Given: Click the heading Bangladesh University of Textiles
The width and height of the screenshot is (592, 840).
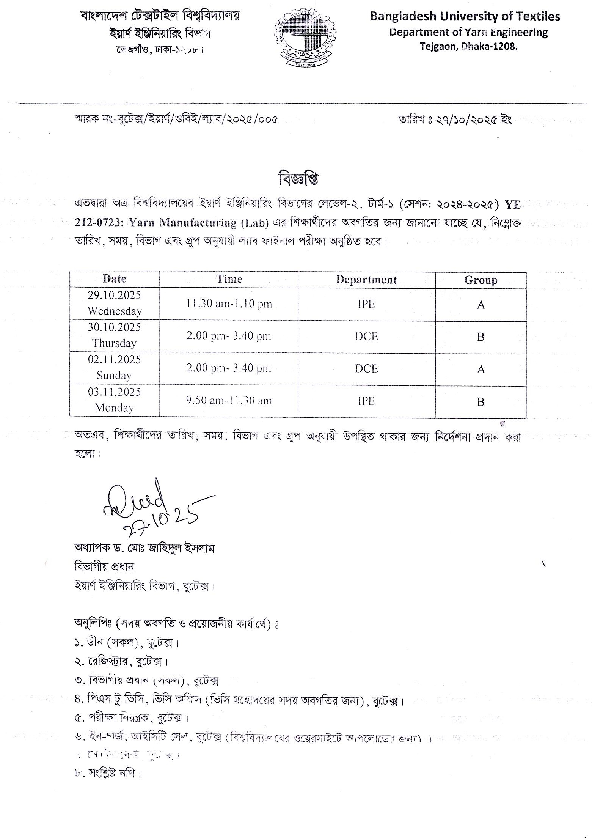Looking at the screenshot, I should [x=465, y=17].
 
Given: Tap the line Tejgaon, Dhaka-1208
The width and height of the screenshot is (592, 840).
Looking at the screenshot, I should [x=468, y=47].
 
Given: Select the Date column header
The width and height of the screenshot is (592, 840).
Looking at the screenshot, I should [x=114, y=279].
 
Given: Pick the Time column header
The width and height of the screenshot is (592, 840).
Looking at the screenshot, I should [x=229, y=279].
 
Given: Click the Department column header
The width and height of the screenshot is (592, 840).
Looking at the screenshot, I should [x=366, y=280].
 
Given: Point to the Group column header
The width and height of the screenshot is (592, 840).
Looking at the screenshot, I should [x=481, y=280].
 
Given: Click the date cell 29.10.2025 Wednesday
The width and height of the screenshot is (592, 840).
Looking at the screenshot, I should [x=114, y=303].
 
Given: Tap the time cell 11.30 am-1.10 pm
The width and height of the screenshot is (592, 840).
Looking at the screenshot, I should [x=229, y=304].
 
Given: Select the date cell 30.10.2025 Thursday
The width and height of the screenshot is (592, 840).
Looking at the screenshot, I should [x=114, y=335].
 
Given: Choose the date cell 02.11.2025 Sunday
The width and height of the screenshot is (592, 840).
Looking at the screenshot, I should [x=114, y=367].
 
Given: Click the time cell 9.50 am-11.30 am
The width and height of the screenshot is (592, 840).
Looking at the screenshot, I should [x=229, y=401].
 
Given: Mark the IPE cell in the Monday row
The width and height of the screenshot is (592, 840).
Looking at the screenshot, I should [x=366, y=401].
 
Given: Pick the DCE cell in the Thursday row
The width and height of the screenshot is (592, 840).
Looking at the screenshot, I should [x=366, y=337].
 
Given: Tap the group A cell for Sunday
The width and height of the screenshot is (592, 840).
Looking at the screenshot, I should [x=481, y=369].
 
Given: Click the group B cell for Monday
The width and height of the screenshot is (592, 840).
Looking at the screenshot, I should [x=481, y=402].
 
